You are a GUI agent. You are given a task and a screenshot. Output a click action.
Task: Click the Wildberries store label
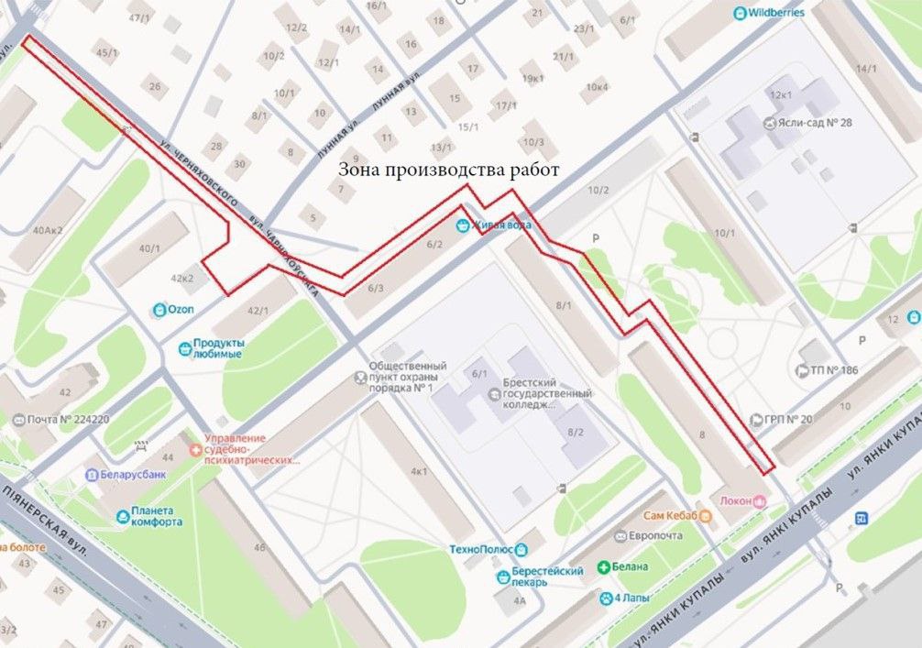pos(775,13)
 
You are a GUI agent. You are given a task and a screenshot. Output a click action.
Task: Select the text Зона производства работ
pos(448,170)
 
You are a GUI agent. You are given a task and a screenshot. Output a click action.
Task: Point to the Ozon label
pos(180,309)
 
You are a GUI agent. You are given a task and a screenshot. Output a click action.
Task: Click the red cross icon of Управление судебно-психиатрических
pos(194,450)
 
